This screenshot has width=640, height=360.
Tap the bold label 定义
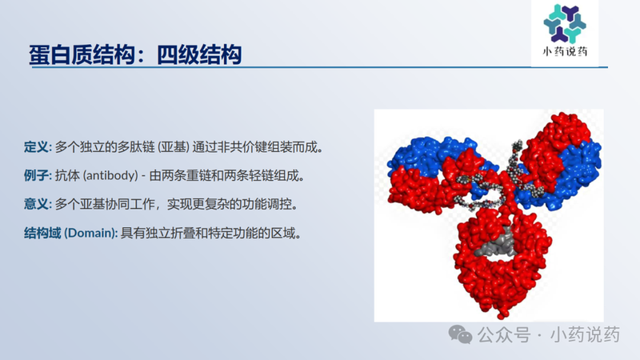click(37, 147)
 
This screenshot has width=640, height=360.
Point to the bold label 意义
click(37, 204)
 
